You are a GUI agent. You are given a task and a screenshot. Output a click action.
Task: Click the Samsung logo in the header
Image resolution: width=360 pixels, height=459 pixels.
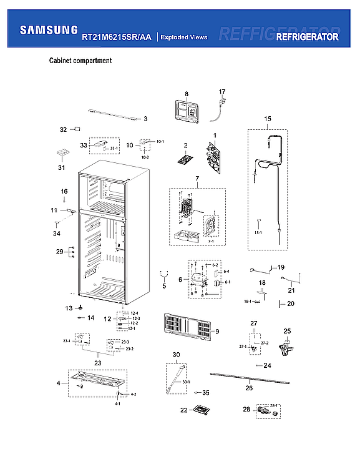[49, 29]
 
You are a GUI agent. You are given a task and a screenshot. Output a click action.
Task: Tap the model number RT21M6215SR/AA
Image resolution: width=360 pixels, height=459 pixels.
[117, 37]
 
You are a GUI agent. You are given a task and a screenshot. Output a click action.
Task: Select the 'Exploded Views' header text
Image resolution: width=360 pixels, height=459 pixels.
[183, 37]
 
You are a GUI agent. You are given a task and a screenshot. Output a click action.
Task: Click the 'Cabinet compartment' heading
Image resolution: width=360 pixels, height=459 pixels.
[80, 61]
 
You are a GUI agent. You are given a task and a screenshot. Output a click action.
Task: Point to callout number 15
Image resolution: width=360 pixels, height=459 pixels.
[267, 119]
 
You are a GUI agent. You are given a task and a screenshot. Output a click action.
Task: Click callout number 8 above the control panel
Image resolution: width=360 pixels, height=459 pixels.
[186, 94]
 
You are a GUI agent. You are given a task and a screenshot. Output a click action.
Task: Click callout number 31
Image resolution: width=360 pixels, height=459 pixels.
[61, 167]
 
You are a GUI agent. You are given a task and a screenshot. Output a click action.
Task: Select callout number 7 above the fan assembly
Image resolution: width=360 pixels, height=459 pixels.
[197, 179]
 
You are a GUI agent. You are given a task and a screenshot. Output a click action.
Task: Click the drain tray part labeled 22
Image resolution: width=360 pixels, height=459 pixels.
[201, 410]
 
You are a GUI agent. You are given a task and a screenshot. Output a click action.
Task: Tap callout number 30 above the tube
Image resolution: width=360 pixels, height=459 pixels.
[176, 355]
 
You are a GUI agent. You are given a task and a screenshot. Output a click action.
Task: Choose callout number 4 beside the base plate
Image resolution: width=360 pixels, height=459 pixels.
[59, 383]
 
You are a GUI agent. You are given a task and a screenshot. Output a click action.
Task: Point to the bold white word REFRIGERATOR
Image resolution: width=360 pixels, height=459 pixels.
[307, 37]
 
